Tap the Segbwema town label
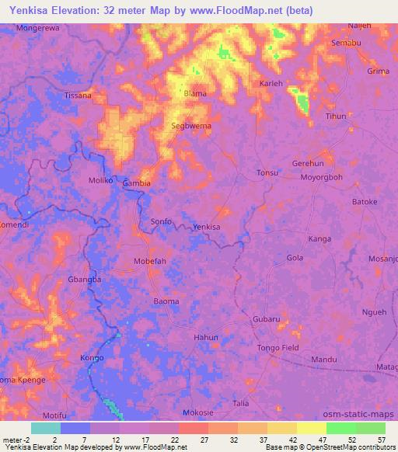coord(191,124)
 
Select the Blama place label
coord(194,93)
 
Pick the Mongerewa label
coord(37,26)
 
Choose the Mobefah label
coord(150,261)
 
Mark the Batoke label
coord(365,202)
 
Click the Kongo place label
coord(92,358)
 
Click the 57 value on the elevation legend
coord(379,440)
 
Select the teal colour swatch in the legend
coord(45,428)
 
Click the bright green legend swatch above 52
coord(340,428)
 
